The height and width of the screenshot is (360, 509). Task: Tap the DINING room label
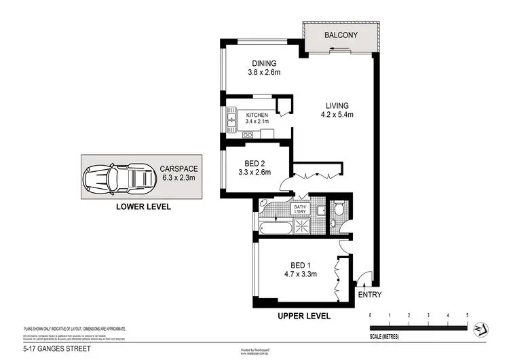click(259, 64)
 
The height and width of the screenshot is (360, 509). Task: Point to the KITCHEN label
click(257, 115)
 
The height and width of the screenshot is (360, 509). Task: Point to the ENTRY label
click(370, 294)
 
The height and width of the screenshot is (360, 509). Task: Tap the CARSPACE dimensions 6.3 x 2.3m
click(178, 178)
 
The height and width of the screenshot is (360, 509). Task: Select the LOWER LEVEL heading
click(143, 206)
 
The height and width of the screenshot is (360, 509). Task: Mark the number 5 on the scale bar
click(467, 316)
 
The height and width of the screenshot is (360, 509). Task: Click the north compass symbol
click(481, 327)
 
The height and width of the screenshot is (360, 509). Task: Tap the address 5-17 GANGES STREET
click(56, 350)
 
